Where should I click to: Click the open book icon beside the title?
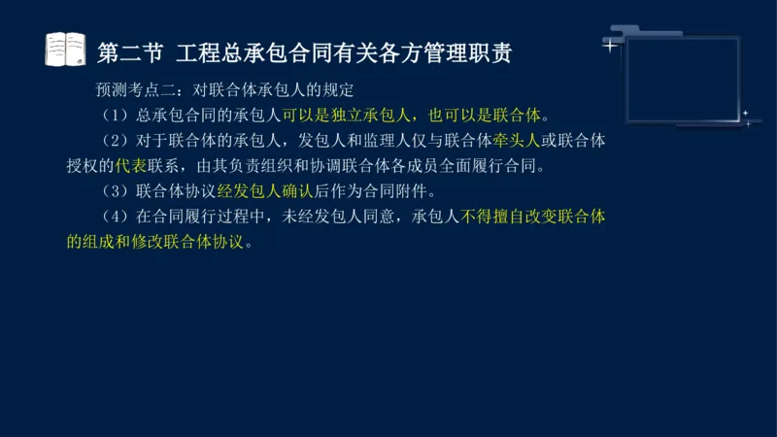click(66, 50)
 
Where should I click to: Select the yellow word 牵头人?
click(518, 141)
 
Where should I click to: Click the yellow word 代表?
click(133, 166)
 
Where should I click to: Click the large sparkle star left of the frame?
click(610, 45)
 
